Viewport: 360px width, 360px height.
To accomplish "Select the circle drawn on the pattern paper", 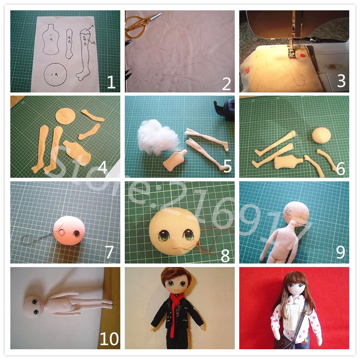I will click(57, 74).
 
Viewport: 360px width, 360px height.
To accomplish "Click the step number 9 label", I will click(341, 252).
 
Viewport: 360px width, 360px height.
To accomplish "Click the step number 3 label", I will click(341, 81).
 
